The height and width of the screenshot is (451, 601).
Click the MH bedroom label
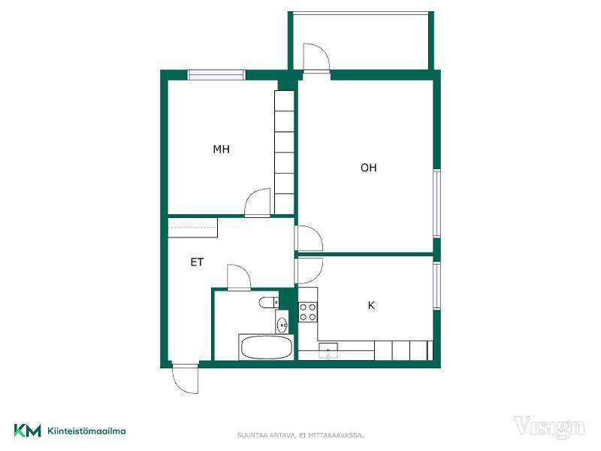[221, 149]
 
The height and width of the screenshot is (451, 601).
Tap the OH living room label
[369, 168]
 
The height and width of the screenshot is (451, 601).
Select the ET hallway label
[197, 262]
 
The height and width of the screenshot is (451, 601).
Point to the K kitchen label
[371, 306]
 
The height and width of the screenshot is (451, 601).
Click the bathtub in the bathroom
[266, 347]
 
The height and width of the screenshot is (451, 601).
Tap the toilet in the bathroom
[269, 303]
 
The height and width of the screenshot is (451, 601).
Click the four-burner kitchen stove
[308, 312]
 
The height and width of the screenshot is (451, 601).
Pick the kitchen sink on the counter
[328, 350]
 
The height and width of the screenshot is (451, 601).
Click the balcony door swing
[316, 58]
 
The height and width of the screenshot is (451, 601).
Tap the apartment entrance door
[186, 379]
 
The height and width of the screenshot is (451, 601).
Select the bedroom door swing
[258, 203]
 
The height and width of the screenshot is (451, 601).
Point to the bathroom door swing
[239, 277]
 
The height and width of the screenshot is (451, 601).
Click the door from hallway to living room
[309, 238]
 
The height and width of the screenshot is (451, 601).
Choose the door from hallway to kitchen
[309, 271]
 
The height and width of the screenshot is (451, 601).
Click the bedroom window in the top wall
[216, 74]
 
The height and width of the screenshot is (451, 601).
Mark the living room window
[437, 204]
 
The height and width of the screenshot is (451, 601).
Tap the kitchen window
[437, 285]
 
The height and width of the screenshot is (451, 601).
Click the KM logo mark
[28, 431]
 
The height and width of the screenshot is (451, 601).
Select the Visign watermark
[549, 427]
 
